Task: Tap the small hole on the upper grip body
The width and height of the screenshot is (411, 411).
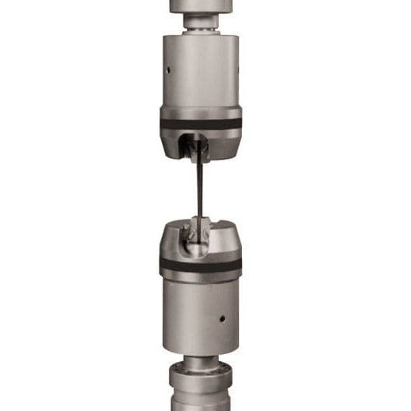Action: pos(167,68)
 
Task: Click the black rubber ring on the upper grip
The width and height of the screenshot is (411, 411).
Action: pos(201,123)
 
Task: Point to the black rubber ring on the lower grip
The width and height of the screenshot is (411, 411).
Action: pos(201,266)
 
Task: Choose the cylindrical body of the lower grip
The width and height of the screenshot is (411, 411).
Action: pos(201,311)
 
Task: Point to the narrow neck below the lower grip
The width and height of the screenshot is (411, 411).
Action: pos(201,360)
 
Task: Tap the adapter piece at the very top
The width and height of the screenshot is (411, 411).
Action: pos(201,6)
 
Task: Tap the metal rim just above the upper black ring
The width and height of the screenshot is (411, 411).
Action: pos(201,113)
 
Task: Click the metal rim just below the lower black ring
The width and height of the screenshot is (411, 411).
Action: pos(201,276)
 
